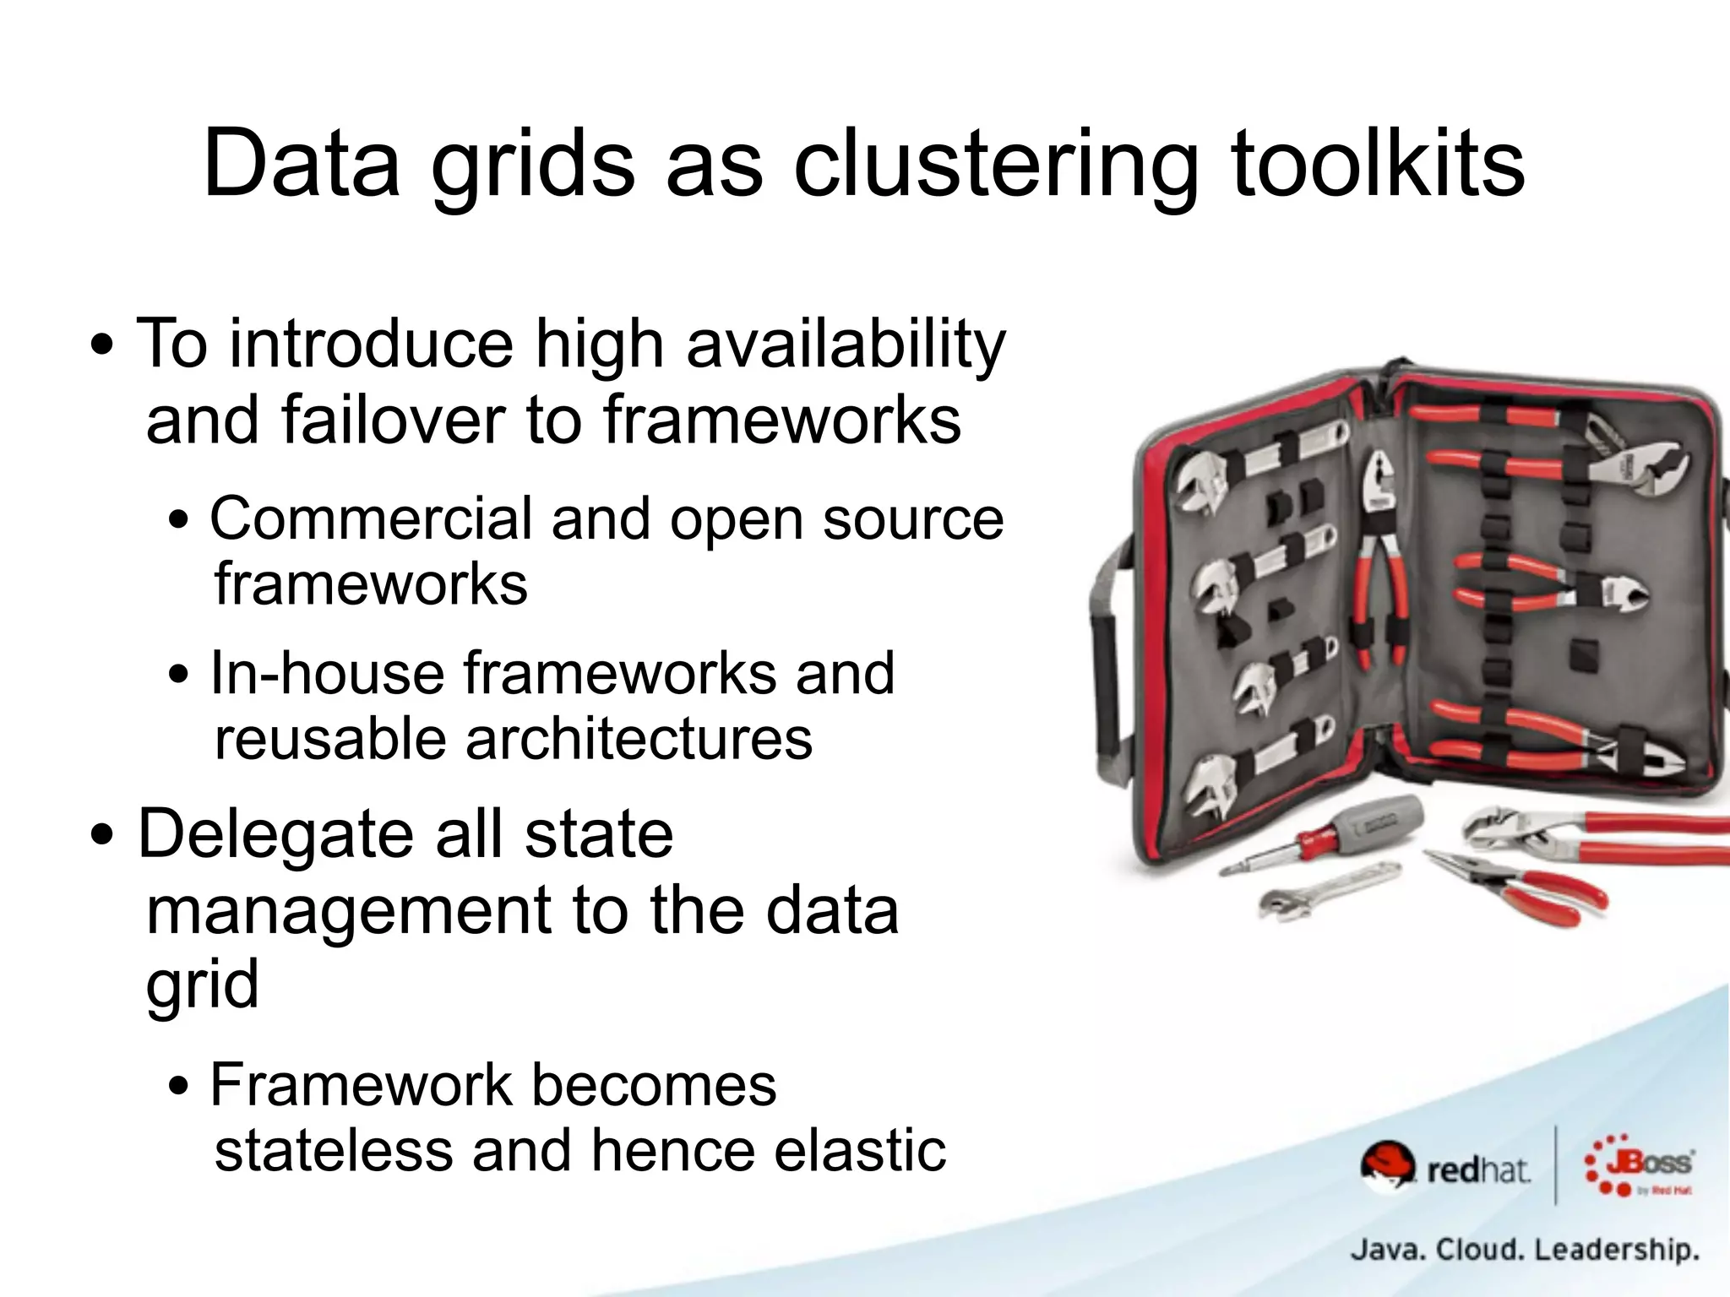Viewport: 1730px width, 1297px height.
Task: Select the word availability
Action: pyautogui.click(x=846, y=345)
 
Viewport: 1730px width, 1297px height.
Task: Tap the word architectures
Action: pyautogui.click(x=638, y=739)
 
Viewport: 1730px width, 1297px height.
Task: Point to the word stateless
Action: pyautogui.click(x=334, y=1150)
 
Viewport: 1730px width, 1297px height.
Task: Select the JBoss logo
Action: pyautogui.click(x=1638, y=1165)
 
